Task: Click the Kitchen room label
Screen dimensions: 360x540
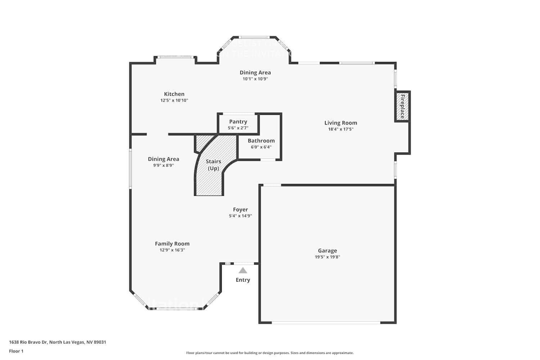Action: [174, 94]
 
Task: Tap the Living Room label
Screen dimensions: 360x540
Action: [341, 123]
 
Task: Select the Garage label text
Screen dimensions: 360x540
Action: [327, 251]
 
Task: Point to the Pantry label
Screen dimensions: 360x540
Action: [238, 122]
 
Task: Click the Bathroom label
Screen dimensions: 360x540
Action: [261, 141]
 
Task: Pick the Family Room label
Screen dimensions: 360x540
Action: [172, 244]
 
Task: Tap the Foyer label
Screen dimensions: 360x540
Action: [240, 210]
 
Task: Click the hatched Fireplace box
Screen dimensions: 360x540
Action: [402, 107]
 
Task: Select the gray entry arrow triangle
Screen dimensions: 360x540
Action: [243, 270]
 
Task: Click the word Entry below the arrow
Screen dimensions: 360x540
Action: [243, 280]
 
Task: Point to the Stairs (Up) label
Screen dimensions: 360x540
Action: [213, 165]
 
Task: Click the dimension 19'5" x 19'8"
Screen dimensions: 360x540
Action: [327, 257]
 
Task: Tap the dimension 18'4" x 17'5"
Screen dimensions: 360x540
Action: [341, 129]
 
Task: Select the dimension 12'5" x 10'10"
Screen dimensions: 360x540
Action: [174, 100]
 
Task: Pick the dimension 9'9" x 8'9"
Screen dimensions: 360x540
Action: [163, 166]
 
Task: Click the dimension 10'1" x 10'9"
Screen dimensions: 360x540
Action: [255, 79]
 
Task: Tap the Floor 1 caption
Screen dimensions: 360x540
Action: [16, 351]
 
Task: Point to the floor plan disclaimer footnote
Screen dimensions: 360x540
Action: [270, 353]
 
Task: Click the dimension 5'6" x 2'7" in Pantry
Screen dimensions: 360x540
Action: [238, 128]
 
